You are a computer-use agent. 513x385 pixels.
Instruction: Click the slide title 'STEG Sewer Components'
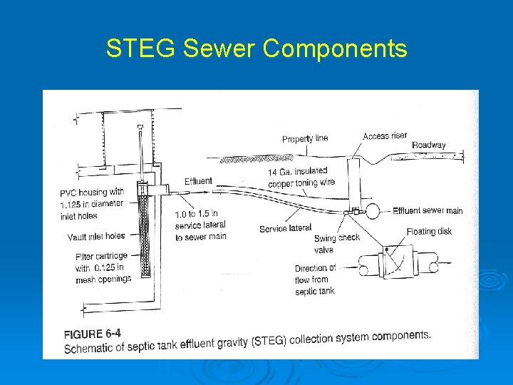tap(256, 48)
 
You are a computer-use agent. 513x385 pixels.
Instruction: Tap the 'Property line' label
tap(305, 138)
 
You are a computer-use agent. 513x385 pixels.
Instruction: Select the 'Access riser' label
tap(385, 136)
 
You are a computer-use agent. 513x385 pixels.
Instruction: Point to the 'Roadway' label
tap(428, 145)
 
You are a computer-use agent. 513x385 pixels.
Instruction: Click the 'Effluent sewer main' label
tap(427, 210)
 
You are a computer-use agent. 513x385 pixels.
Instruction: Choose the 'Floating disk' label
tap(429, 231)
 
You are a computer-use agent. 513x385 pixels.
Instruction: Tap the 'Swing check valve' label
tap(337, 243)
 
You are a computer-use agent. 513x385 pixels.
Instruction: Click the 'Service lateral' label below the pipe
tap(285, 228)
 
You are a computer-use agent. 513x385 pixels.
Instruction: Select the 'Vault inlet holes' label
tap(96, 236)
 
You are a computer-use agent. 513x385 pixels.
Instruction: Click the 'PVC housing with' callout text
tap(92, 192)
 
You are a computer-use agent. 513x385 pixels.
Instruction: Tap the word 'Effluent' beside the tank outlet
tap(198, 181)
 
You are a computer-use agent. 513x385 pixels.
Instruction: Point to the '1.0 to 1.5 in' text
tap(197, 213)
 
